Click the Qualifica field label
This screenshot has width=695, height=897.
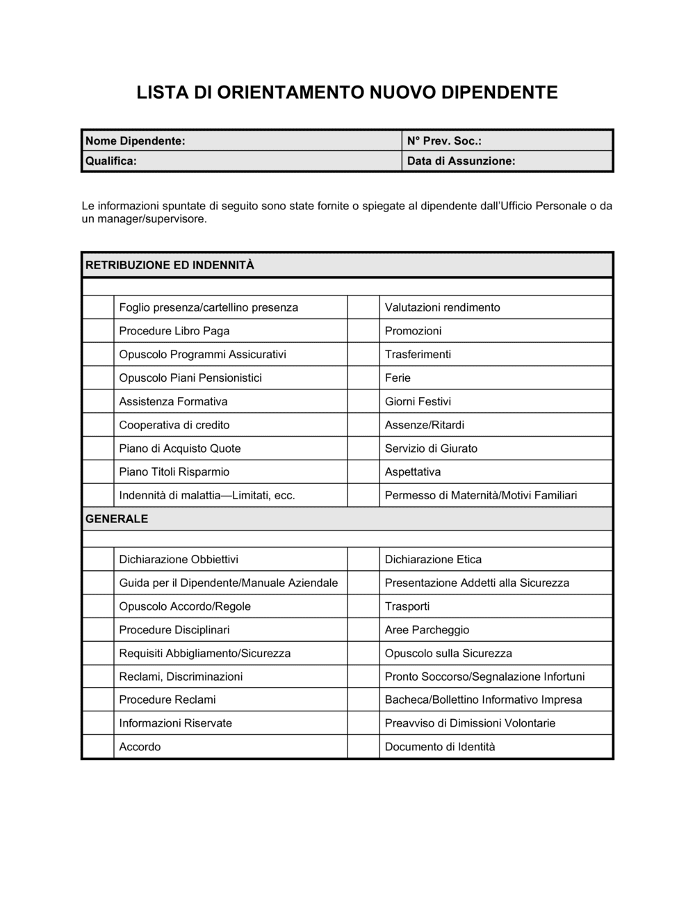(x=111, y=161)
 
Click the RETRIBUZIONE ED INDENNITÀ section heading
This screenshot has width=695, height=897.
(x=170, y=265)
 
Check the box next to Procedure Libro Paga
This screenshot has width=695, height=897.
(x=98, y=331)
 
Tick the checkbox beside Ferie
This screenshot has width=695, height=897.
(x=363, y=378)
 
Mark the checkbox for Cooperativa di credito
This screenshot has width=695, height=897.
(x=98, y=425)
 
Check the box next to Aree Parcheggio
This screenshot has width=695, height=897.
(x=363, y=630)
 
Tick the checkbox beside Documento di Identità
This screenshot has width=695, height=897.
(x=363, y=747)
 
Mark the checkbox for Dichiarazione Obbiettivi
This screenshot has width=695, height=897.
(x=98, y=559)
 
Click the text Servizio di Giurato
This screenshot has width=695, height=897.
(x=431, y=448)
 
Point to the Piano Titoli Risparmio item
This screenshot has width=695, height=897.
(x=174, y=472)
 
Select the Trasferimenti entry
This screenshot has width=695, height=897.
(x=418, y=355)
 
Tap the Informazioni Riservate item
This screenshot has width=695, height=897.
(x=175, y=723)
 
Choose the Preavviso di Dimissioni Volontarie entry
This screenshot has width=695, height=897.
(x=470, y=723)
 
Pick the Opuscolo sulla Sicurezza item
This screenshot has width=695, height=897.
(x=448, y=654)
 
